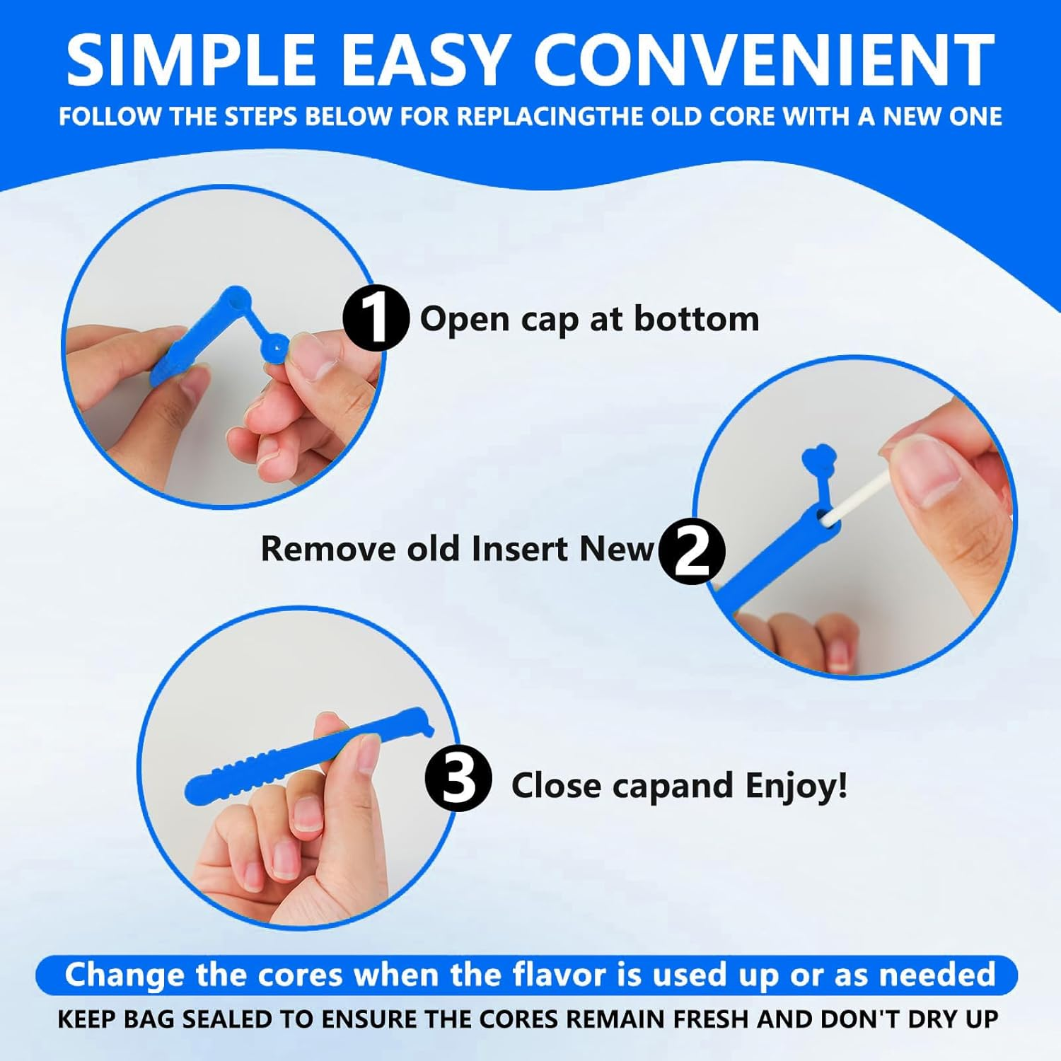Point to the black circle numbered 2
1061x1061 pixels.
[691, 551]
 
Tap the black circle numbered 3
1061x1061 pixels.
[458, 779]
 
